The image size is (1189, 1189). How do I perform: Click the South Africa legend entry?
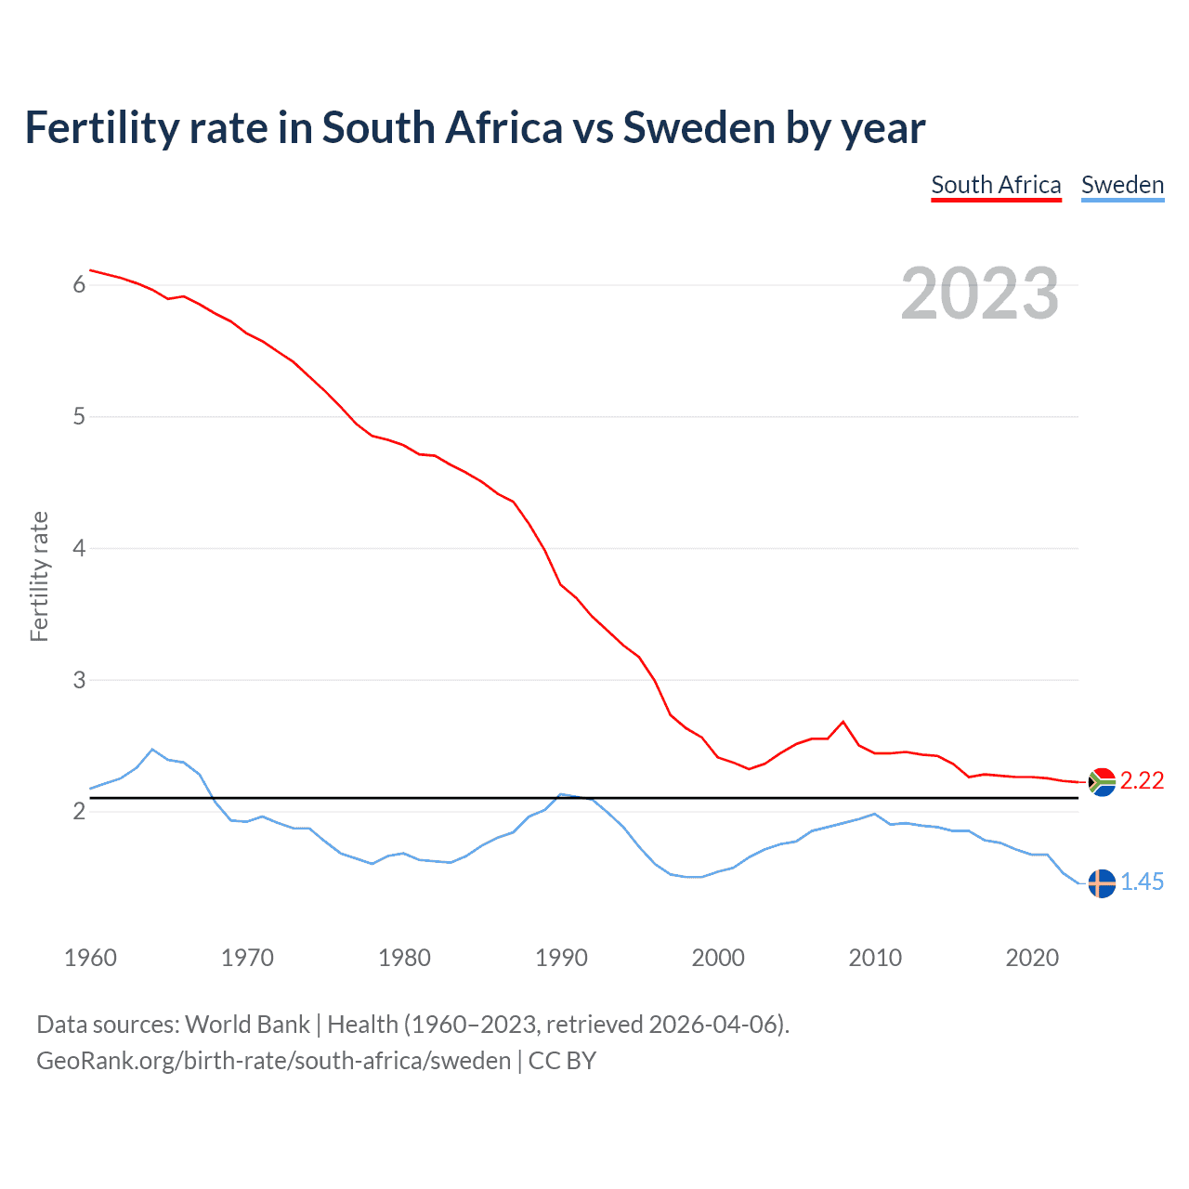[x=996, y=185]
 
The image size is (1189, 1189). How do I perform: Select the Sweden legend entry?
[x=1122, y=185]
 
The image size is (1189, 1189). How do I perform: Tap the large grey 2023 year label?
[x=980, y=294]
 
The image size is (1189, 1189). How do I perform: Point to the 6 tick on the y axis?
[x=79, y=285]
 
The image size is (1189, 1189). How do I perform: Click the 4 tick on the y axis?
[x=79, y=548]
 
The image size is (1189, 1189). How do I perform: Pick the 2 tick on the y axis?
[x=79, y=812]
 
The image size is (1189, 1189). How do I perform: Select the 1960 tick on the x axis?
[x=90, y=958]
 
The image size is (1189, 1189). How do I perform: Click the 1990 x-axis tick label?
[x=561, y=958]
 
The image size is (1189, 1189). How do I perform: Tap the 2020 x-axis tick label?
[x=1032, y=958]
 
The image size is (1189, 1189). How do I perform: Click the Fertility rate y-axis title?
[x=39, y=576]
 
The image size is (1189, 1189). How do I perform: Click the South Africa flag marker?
[x=1102, y=782]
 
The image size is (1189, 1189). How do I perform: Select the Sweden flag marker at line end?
[x=1102, y=883]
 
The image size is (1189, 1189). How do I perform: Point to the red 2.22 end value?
[x=1142, y=781]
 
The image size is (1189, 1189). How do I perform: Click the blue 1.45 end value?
[x=1142, y=882]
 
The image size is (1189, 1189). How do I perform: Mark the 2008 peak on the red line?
[x=843, y=722]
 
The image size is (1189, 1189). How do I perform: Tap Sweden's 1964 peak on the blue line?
[x=152, y=750]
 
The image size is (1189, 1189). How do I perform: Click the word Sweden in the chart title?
[x=699, y=128]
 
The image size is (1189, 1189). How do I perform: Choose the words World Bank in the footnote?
[x=247, y=1025]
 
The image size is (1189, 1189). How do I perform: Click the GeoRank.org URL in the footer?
[x=273, y=1061]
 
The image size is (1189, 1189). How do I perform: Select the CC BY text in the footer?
[x=562, y=1061]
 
